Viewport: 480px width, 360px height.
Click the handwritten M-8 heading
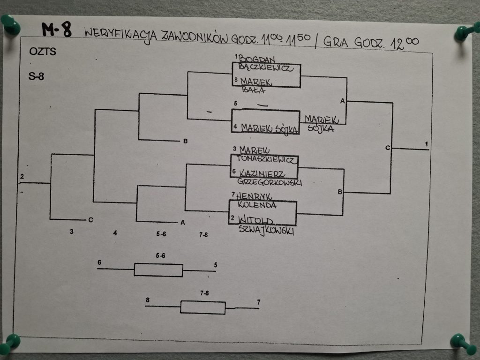click(57, 30)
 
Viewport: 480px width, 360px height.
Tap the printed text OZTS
click(42, 52)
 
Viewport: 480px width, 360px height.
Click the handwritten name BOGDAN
click(257, 59)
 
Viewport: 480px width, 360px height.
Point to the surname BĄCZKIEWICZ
click(266, 68)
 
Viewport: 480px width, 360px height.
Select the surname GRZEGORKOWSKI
click(270, 182)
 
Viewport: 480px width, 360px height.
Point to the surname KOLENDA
click(257, 204)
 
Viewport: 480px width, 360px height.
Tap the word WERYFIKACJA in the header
click(120, 34)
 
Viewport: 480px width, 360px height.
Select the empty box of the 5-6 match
click(158, 270)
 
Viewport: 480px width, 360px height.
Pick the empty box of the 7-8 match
click(202, 307)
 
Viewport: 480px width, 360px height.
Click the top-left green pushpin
click(10, 25)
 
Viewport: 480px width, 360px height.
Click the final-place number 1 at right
click(427, 143)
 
